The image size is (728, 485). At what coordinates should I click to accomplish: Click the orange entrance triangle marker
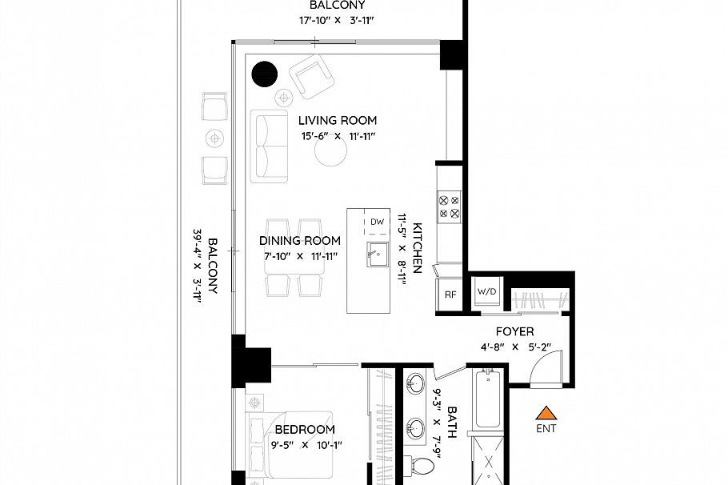point(546,413)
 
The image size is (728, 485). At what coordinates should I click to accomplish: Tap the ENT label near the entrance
point(546,428)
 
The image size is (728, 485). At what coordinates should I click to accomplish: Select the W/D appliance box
point(486,292)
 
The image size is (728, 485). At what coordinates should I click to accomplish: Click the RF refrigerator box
point(450,294)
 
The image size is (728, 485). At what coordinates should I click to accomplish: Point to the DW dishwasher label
point(378,222)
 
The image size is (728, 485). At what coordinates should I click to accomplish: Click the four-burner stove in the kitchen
point(449,207)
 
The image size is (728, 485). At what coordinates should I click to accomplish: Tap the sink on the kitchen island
point(376,255)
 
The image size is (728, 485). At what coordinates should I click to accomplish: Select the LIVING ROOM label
point(338,121)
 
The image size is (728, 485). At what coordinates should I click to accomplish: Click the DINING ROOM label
point(300,240)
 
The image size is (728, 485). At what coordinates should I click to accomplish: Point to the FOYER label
point(514,331)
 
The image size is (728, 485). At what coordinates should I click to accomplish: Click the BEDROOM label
point(305,430)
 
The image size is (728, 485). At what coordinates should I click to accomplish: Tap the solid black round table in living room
point(264,74)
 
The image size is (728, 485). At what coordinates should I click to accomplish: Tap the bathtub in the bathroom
point(488,399)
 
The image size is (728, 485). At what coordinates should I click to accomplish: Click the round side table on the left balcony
point(214,138)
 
